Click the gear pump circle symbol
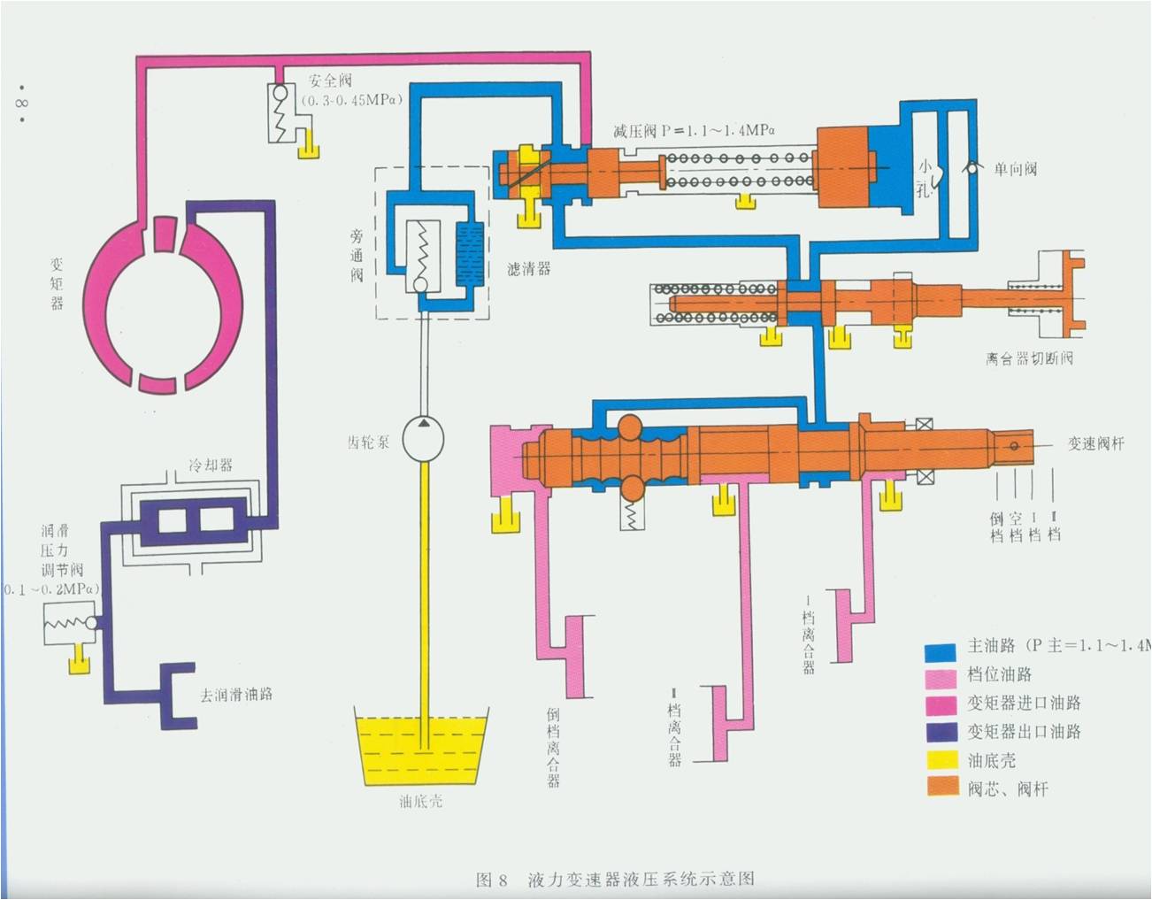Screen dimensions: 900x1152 click(423, 439)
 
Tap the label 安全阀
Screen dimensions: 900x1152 click(330, 81)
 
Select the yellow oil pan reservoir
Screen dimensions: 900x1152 click(421, 748)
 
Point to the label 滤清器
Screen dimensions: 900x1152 click(528, 268)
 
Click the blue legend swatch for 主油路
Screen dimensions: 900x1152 click(941, 651)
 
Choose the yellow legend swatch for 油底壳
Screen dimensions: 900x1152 click(941, 759)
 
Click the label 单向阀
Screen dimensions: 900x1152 click(1014, 169)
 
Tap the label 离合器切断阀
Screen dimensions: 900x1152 click(1029, 358)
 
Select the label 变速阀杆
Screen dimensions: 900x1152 click(1095, 443)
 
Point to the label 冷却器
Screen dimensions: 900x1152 click(211, 465)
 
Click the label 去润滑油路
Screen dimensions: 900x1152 click(236, 694)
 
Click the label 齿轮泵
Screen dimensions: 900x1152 click(368, 442)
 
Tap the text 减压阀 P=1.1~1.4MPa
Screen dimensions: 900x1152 click(694, 131)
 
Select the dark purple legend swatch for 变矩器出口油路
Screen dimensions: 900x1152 click(941, 732)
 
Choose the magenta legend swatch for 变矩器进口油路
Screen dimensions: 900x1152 click(941, 704)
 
